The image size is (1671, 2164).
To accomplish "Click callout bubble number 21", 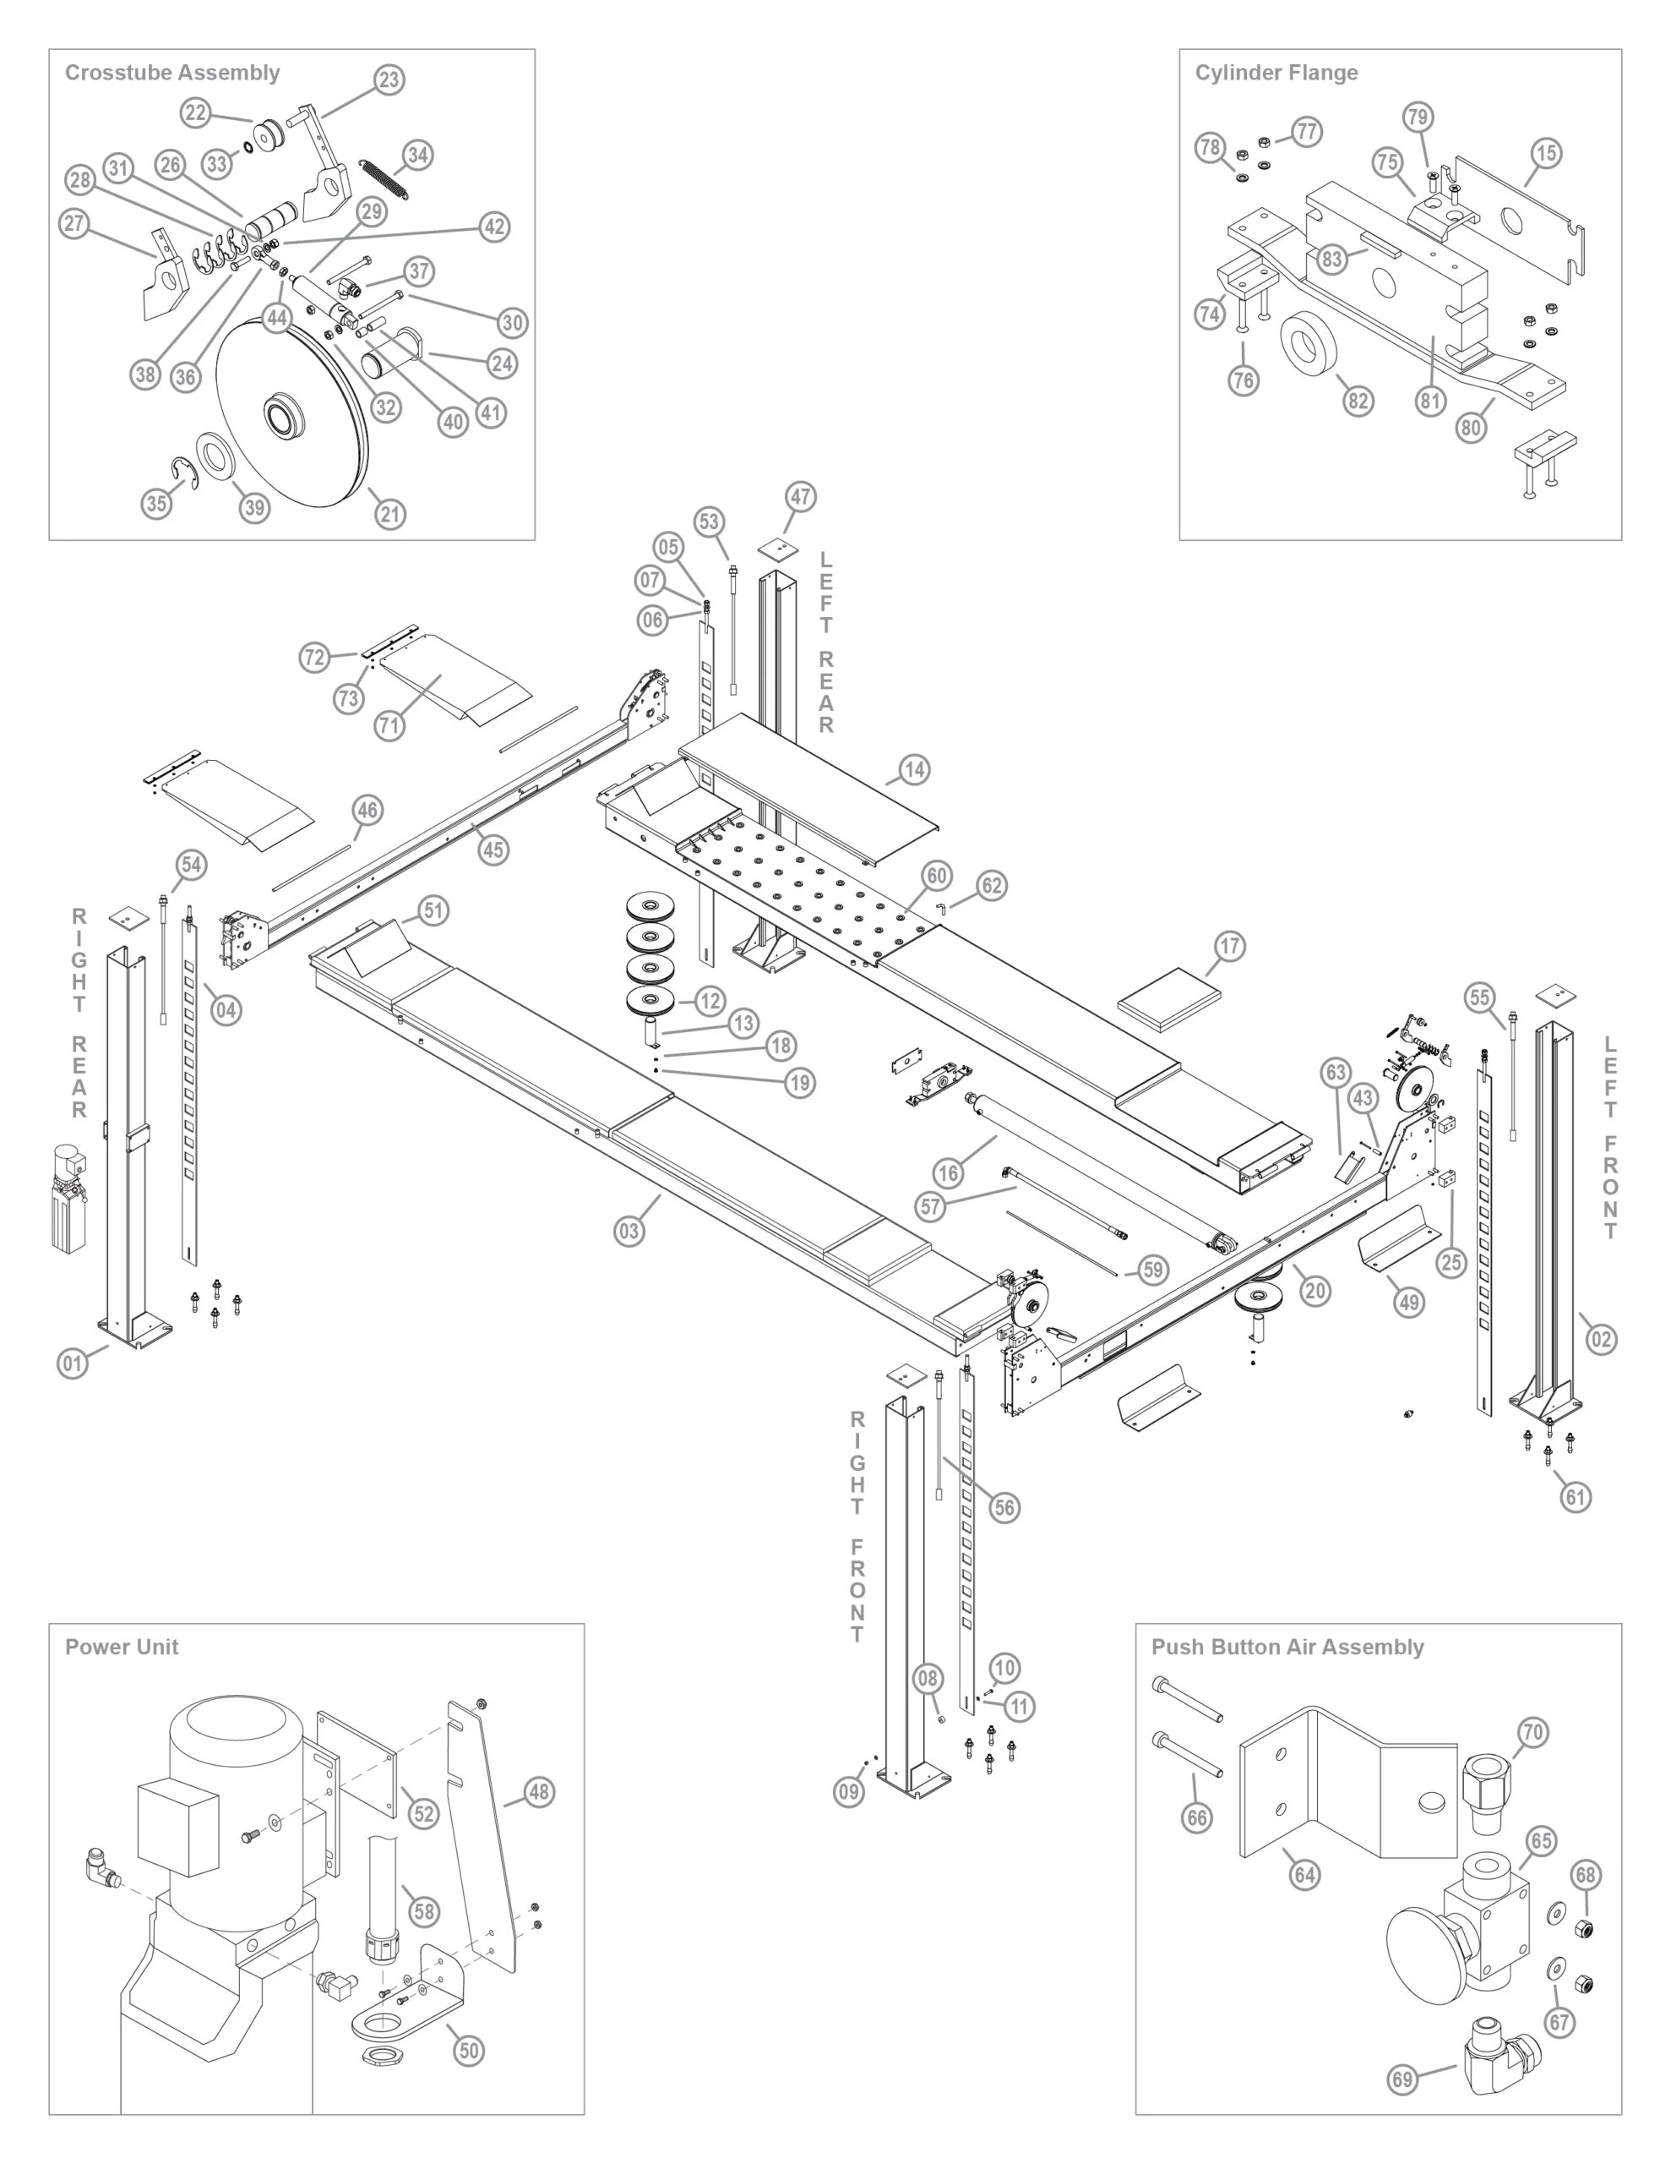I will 390,513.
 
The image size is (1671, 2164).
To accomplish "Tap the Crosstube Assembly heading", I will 172,73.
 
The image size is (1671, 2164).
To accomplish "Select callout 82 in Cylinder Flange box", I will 1357,401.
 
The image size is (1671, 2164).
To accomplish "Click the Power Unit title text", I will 122,1647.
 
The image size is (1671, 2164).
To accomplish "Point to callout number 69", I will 1402,2079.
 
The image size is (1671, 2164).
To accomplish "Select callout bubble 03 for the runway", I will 629,1231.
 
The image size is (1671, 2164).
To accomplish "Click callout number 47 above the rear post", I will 800,496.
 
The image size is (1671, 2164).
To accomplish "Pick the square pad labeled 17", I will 1169,997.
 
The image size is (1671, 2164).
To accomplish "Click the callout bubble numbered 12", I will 710,1001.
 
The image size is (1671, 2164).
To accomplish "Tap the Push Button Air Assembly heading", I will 1287,1647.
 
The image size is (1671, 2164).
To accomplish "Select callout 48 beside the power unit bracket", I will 539,1791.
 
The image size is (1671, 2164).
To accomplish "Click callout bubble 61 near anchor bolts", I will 1576,1496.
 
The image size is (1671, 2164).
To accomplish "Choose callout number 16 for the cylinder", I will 948,1173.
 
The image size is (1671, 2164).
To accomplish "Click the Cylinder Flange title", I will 1276,73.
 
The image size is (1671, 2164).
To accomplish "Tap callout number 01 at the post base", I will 73,1363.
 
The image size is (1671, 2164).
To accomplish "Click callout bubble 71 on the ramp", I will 390,725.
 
